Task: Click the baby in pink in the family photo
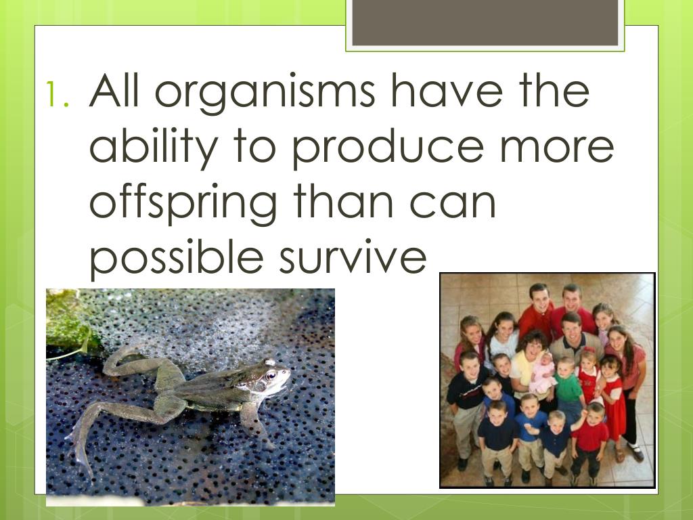point(542,374)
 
